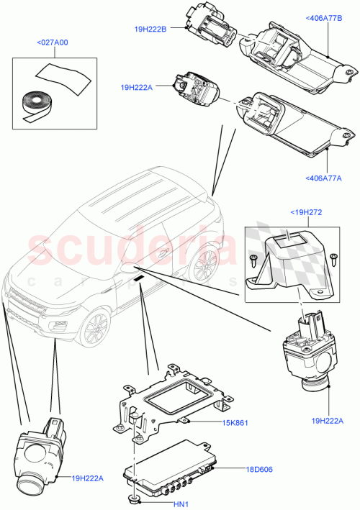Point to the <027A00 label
(x=52, y=42)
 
